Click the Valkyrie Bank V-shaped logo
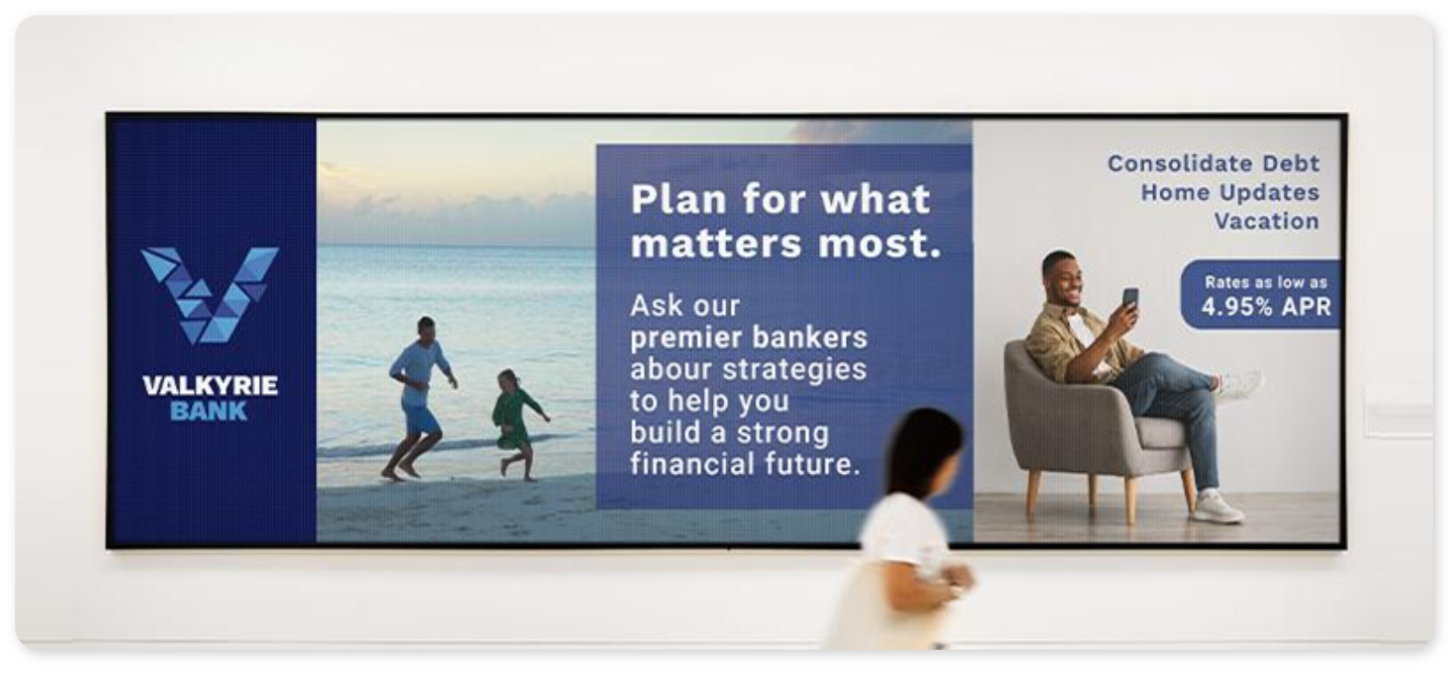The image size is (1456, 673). tap(210, 294)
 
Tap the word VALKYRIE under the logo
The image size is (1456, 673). tap(210, 385)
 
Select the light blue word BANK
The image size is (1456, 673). tap(209, 412)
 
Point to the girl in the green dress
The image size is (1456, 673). tap(518, 425)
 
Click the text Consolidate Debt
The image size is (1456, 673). tap(1214, 164)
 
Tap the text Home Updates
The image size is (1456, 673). tap(1230, 192)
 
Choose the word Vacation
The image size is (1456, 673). tap(1267, 221)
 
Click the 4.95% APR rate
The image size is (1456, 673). tap(1267, 307)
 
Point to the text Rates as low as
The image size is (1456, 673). tap(1266, 282)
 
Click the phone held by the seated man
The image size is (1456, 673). tap(1130, 299)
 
